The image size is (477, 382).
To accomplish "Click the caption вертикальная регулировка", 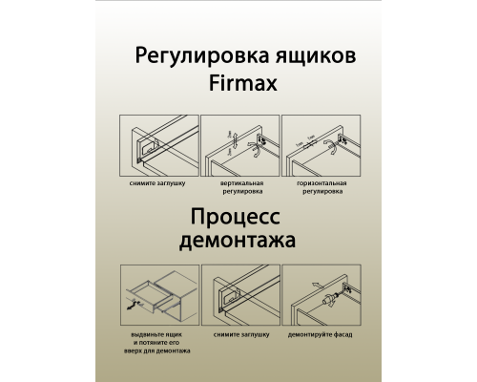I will coord(240,186).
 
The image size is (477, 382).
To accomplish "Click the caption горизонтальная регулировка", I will coord(321,186).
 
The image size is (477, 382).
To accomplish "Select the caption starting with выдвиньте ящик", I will coord(156,345).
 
